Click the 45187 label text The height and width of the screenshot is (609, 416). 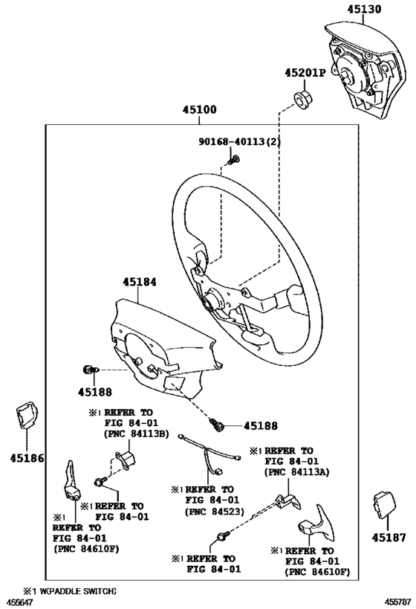coord(389,537)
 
